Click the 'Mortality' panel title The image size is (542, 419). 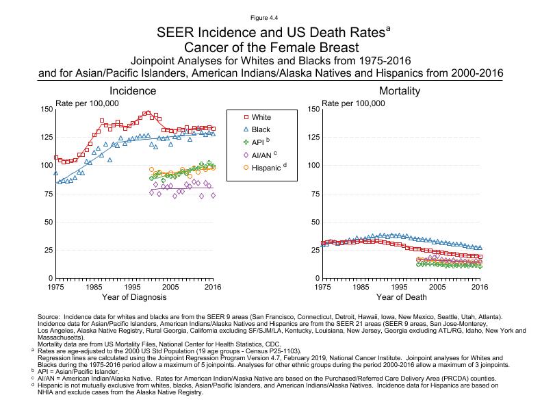(x=400, y=91)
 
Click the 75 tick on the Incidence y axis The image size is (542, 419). (x=47, y=194)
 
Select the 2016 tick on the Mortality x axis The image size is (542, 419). (x=480, y=287)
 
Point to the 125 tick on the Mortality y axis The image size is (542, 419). (x=311, y=137)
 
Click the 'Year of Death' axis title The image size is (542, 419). (x=400, y=298)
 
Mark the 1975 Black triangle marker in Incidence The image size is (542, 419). (x=56, y=173)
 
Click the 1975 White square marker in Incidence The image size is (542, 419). (x=56, y=157)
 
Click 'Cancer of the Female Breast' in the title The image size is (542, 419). (x=270, y=47)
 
